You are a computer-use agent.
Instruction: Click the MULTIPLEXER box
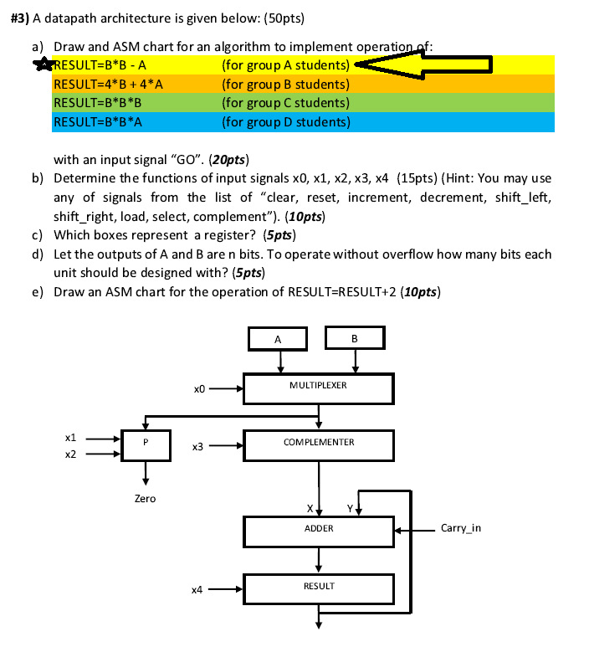coord(318,387)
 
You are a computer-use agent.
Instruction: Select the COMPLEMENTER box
coord(318,444)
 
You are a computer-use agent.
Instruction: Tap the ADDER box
coord(318,529)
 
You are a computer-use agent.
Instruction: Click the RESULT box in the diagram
coord(318,587)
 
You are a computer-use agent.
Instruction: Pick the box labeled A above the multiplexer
coord(279,338)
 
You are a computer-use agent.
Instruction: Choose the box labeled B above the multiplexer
coord(355,338)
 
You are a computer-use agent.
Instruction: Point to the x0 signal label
coord(198,388)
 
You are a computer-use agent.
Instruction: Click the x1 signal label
coord(71,437)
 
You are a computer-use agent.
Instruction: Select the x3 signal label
coord(198,447)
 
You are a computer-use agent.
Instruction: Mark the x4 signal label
coord(198,589)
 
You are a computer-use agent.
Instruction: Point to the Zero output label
coord(145,498)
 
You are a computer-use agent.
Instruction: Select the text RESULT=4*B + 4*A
coord(108,84)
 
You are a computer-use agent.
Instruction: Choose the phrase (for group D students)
coord(286,122)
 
